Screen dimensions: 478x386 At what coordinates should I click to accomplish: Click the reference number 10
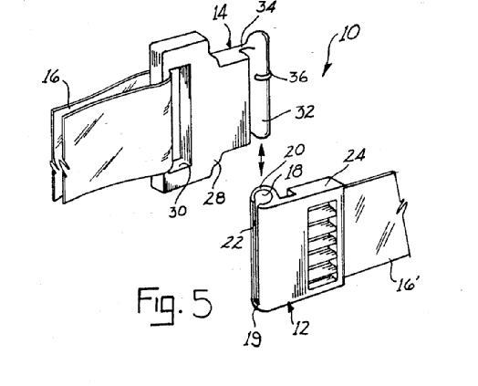(x=349, y=33)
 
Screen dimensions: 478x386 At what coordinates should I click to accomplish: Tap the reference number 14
(x=220, y=15)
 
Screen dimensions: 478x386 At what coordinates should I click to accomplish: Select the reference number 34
(x=265, y=7)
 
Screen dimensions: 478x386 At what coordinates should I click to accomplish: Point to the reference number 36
(x=297, y=78)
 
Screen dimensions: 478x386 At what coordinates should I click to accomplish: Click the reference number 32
(x=305, y=112)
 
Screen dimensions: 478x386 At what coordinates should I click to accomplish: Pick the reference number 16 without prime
(x=50, y=77)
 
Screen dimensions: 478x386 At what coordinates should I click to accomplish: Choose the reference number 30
(x=177, y=211)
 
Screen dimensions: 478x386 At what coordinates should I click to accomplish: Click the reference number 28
(x=214, y=198)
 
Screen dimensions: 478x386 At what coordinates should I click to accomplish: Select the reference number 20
(x=295, y=151)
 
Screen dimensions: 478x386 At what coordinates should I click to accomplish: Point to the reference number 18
(x=294, y=172)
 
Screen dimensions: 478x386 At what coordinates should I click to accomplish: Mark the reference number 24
(x=354, y=156)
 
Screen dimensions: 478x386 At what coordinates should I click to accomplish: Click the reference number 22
(x=233, y=242)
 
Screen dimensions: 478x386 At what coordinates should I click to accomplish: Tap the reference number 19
(x=253, y=339)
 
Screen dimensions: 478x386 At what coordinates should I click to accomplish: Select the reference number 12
(x=301, y=329)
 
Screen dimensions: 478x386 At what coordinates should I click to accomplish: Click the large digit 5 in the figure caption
(x=203, y=302)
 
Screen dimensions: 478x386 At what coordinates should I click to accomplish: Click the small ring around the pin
(x=261, y=77)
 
